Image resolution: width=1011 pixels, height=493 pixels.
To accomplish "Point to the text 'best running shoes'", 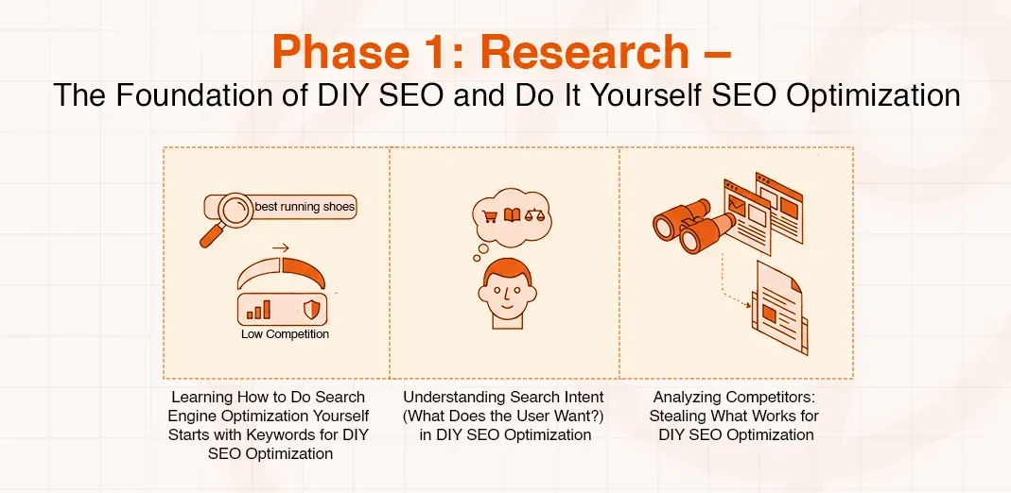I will point(305,207).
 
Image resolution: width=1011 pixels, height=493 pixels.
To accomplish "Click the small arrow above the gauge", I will point(279,248).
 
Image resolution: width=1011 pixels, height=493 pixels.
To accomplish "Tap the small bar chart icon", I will point(258,308).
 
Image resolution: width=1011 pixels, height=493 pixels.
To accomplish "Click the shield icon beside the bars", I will point(310,308).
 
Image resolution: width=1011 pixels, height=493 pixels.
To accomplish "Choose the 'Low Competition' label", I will point(285,334).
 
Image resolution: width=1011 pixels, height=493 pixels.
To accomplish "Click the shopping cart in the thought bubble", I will point(490,215).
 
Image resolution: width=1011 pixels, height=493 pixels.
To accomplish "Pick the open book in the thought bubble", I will point(513,215).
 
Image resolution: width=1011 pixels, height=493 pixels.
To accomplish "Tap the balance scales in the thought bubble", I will point(535,215).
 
